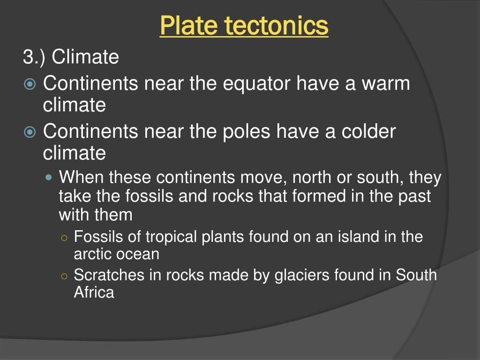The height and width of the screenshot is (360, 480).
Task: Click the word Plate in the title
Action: tap(184, 25)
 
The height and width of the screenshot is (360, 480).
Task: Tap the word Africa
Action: tap(94, 292)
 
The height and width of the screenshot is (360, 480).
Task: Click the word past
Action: tap(415, 196)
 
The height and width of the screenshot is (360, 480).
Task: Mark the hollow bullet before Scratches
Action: tap(64, 276)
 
